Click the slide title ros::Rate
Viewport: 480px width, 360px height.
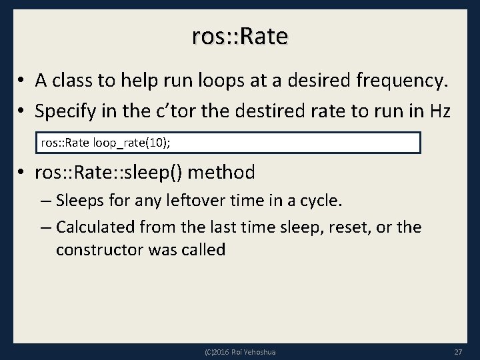(x=240, y=36)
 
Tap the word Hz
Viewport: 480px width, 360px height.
(x=449, y=111)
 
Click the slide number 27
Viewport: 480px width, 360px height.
(x=458, y=351)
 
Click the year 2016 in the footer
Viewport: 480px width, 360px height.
(x=219, y=351)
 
